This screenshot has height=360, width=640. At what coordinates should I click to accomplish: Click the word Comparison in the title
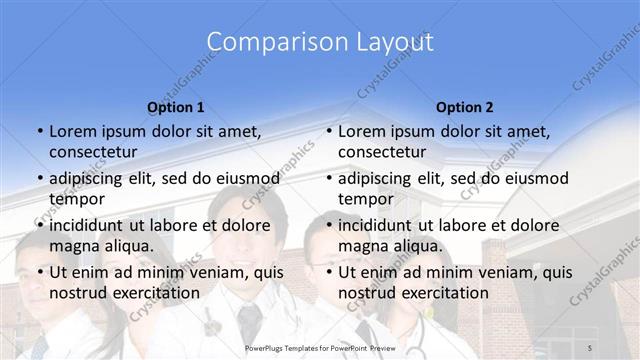click(266, 42)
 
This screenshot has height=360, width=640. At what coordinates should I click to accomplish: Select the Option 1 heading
click(176, 106)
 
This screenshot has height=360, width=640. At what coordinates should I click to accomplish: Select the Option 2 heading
click(464, 106)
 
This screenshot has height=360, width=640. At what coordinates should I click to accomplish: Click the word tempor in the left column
click(76, 198)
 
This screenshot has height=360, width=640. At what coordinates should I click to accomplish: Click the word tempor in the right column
click(365, 198)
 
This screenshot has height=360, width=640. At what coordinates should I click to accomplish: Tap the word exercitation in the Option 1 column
click(154, 292)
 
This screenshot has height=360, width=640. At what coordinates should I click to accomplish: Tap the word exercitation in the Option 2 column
click(443, 292)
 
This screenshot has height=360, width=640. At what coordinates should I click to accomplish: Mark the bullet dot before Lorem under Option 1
click(39, 131)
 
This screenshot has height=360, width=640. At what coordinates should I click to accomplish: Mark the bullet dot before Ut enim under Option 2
click(328, 272)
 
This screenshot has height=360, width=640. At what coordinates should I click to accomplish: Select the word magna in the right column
click(361, 245)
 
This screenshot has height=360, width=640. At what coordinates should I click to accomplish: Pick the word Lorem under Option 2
click(360, 131)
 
